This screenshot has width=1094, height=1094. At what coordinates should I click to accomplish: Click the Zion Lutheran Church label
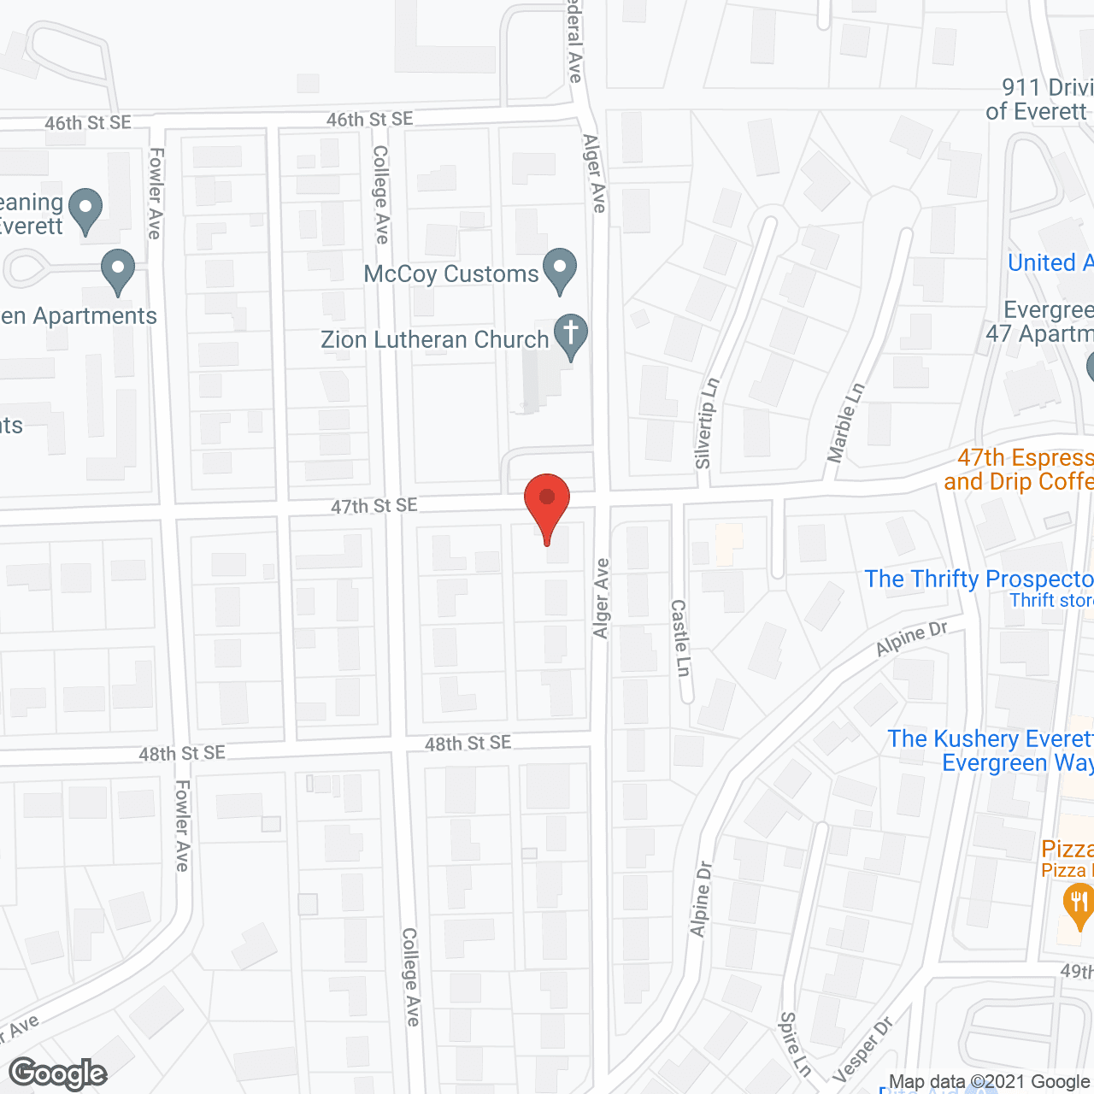tap(434, 339)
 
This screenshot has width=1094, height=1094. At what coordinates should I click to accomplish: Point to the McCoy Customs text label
tap(450, 273)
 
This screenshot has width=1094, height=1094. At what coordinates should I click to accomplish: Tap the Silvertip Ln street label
tap(707, 423)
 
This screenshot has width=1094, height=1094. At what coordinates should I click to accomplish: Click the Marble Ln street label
tap(845, 422)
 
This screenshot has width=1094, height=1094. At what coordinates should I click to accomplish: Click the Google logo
tap(58, 1073)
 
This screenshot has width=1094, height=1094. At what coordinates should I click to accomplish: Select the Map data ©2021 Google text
tap(989, 1082)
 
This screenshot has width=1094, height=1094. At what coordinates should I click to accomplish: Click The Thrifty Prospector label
tap(979, 579)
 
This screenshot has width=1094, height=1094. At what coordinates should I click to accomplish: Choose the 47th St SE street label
tap(373, 506)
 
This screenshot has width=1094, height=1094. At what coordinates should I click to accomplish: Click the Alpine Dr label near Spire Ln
tap(700, 898)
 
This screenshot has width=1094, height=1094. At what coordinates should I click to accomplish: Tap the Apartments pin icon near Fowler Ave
tap(118, 270)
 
